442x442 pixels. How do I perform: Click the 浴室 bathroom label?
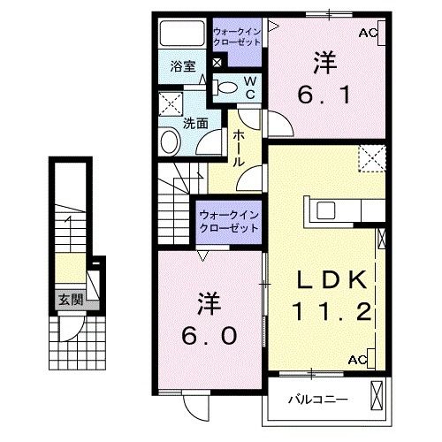click(184, 66)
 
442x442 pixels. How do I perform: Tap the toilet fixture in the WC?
click(227, 87)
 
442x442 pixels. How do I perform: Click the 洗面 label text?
click(195, 125)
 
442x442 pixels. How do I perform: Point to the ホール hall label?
click(240, 149)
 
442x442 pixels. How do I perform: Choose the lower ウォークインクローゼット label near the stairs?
click(228, 220)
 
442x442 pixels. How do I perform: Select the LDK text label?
click(331, 281)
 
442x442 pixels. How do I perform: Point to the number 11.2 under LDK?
click(331, 311)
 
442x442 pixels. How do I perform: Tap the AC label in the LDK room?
click(358, 360)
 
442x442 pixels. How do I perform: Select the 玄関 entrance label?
click(71, 300)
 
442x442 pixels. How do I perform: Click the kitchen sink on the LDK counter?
click(324, 212)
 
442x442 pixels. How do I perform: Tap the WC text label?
click(249, 86)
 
